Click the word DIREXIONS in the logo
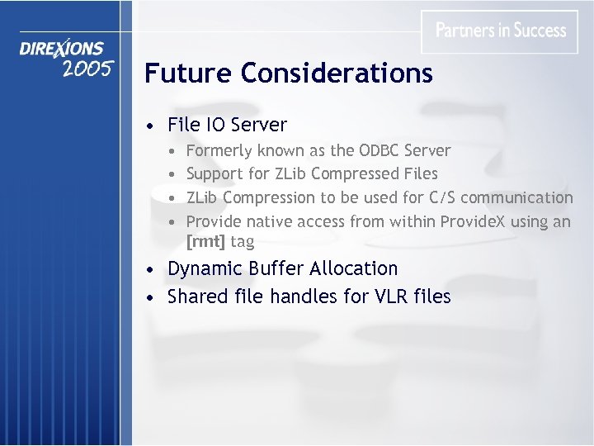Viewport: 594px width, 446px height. click(63, 50)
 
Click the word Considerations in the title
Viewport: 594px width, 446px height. click(337, 74)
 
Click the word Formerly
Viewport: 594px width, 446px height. click(219, 151)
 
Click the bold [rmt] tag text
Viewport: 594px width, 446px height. click(205, 242)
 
